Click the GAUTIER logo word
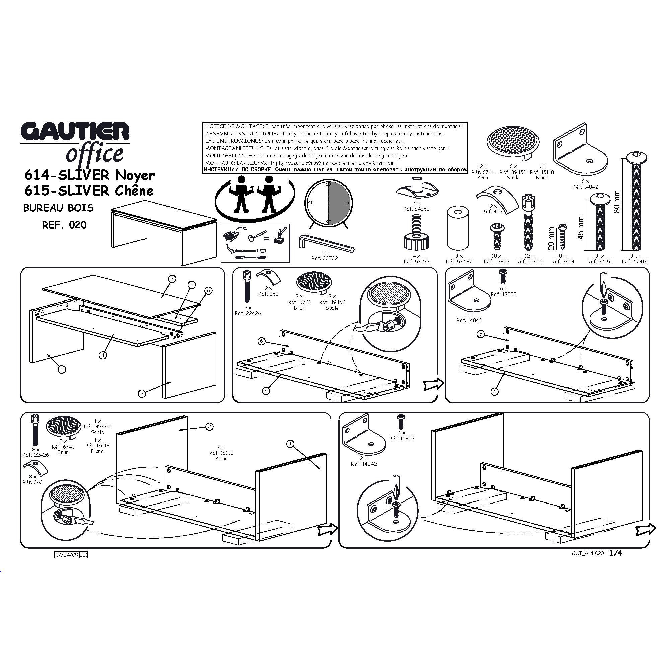(75, 131)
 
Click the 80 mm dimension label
(616, 201)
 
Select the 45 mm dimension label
(581, 228)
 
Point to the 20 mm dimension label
(551, 239)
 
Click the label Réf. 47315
(634, 262)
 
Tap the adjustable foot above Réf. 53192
(416, 233)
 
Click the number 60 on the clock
(328, 184)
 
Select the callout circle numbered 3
(172, 279)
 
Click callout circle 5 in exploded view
(191, 285)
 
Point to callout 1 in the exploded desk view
(62, 369)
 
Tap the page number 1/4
(616, 553)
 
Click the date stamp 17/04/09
(67, 555)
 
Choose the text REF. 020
(64, 225)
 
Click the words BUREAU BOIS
(58, 208)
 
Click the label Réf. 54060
(416, 209)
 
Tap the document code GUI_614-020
(588, 553)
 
